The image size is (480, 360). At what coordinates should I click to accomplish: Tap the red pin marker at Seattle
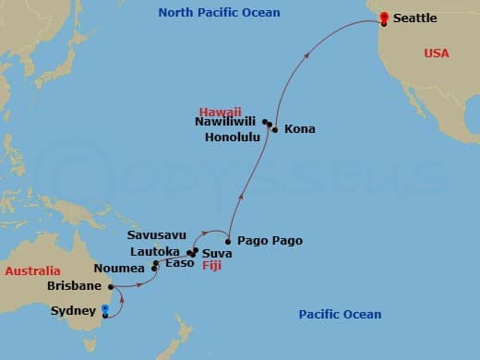(383, 16)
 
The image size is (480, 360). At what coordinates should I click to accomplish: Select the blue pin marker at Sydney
(105, 311)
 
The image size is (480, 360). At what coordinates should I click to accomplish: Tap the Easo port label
(179, 263)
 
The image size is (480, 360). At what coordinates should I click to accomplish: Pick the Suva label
(216, 252)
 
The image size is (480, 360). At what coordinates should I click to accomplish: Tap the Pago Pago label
(270, 241)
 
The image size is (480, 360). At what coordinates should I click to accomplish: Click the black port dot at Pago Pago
(228, 241)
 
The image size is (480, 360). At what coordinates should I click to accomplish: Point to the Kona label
(299, 129)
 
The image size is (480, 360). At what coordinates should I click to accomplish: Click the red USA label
(436, 54)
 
